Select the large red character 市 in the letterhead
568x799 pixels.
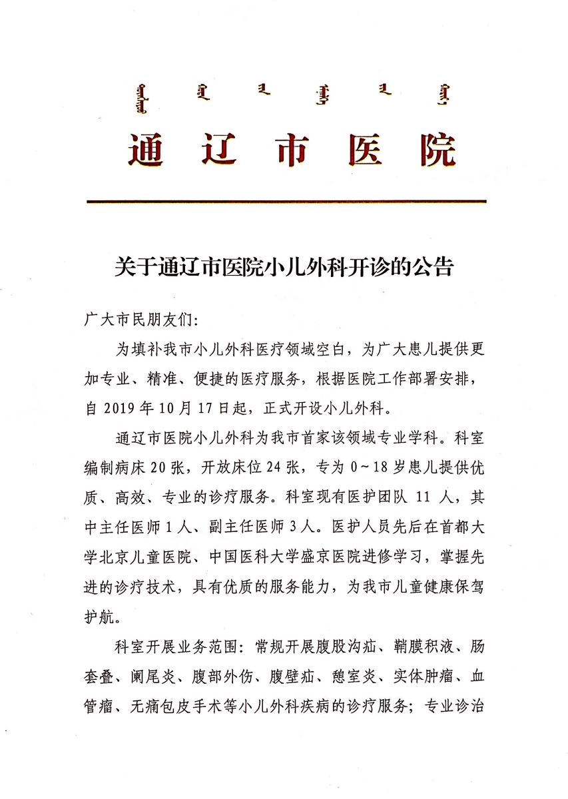292,149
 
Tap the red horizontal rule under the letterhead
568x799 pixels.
286,201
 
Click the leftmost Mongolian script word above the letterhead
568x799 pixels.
139,98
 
